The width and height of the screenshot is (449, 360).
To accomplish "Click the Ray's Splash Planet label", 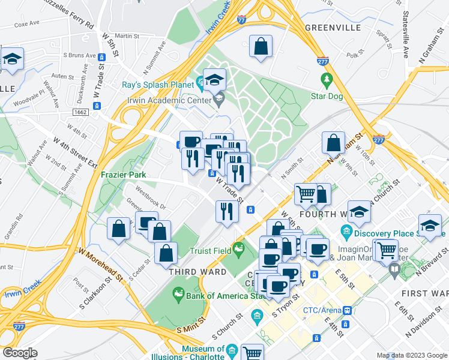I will point(159,85).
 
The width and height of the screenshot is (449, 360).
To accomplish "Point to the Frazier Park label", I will point(124,174).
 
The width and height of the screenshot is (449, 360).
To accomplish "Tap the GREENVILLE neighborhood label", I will point(333,28).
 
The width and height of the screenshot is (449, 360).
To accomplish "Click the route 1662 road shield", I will point(80,112).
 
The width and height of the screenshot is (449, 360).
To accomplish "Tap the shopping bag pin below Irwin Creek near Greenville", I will point(261,47).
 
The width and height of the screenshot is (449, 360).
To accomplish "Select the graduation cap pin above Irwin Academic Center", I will point(214,79).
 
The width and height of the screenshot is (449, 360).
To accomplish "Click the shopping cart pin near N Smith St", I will point(306,194).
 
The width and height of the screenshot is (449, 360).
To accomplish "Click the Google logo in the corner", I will point(19,353).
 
